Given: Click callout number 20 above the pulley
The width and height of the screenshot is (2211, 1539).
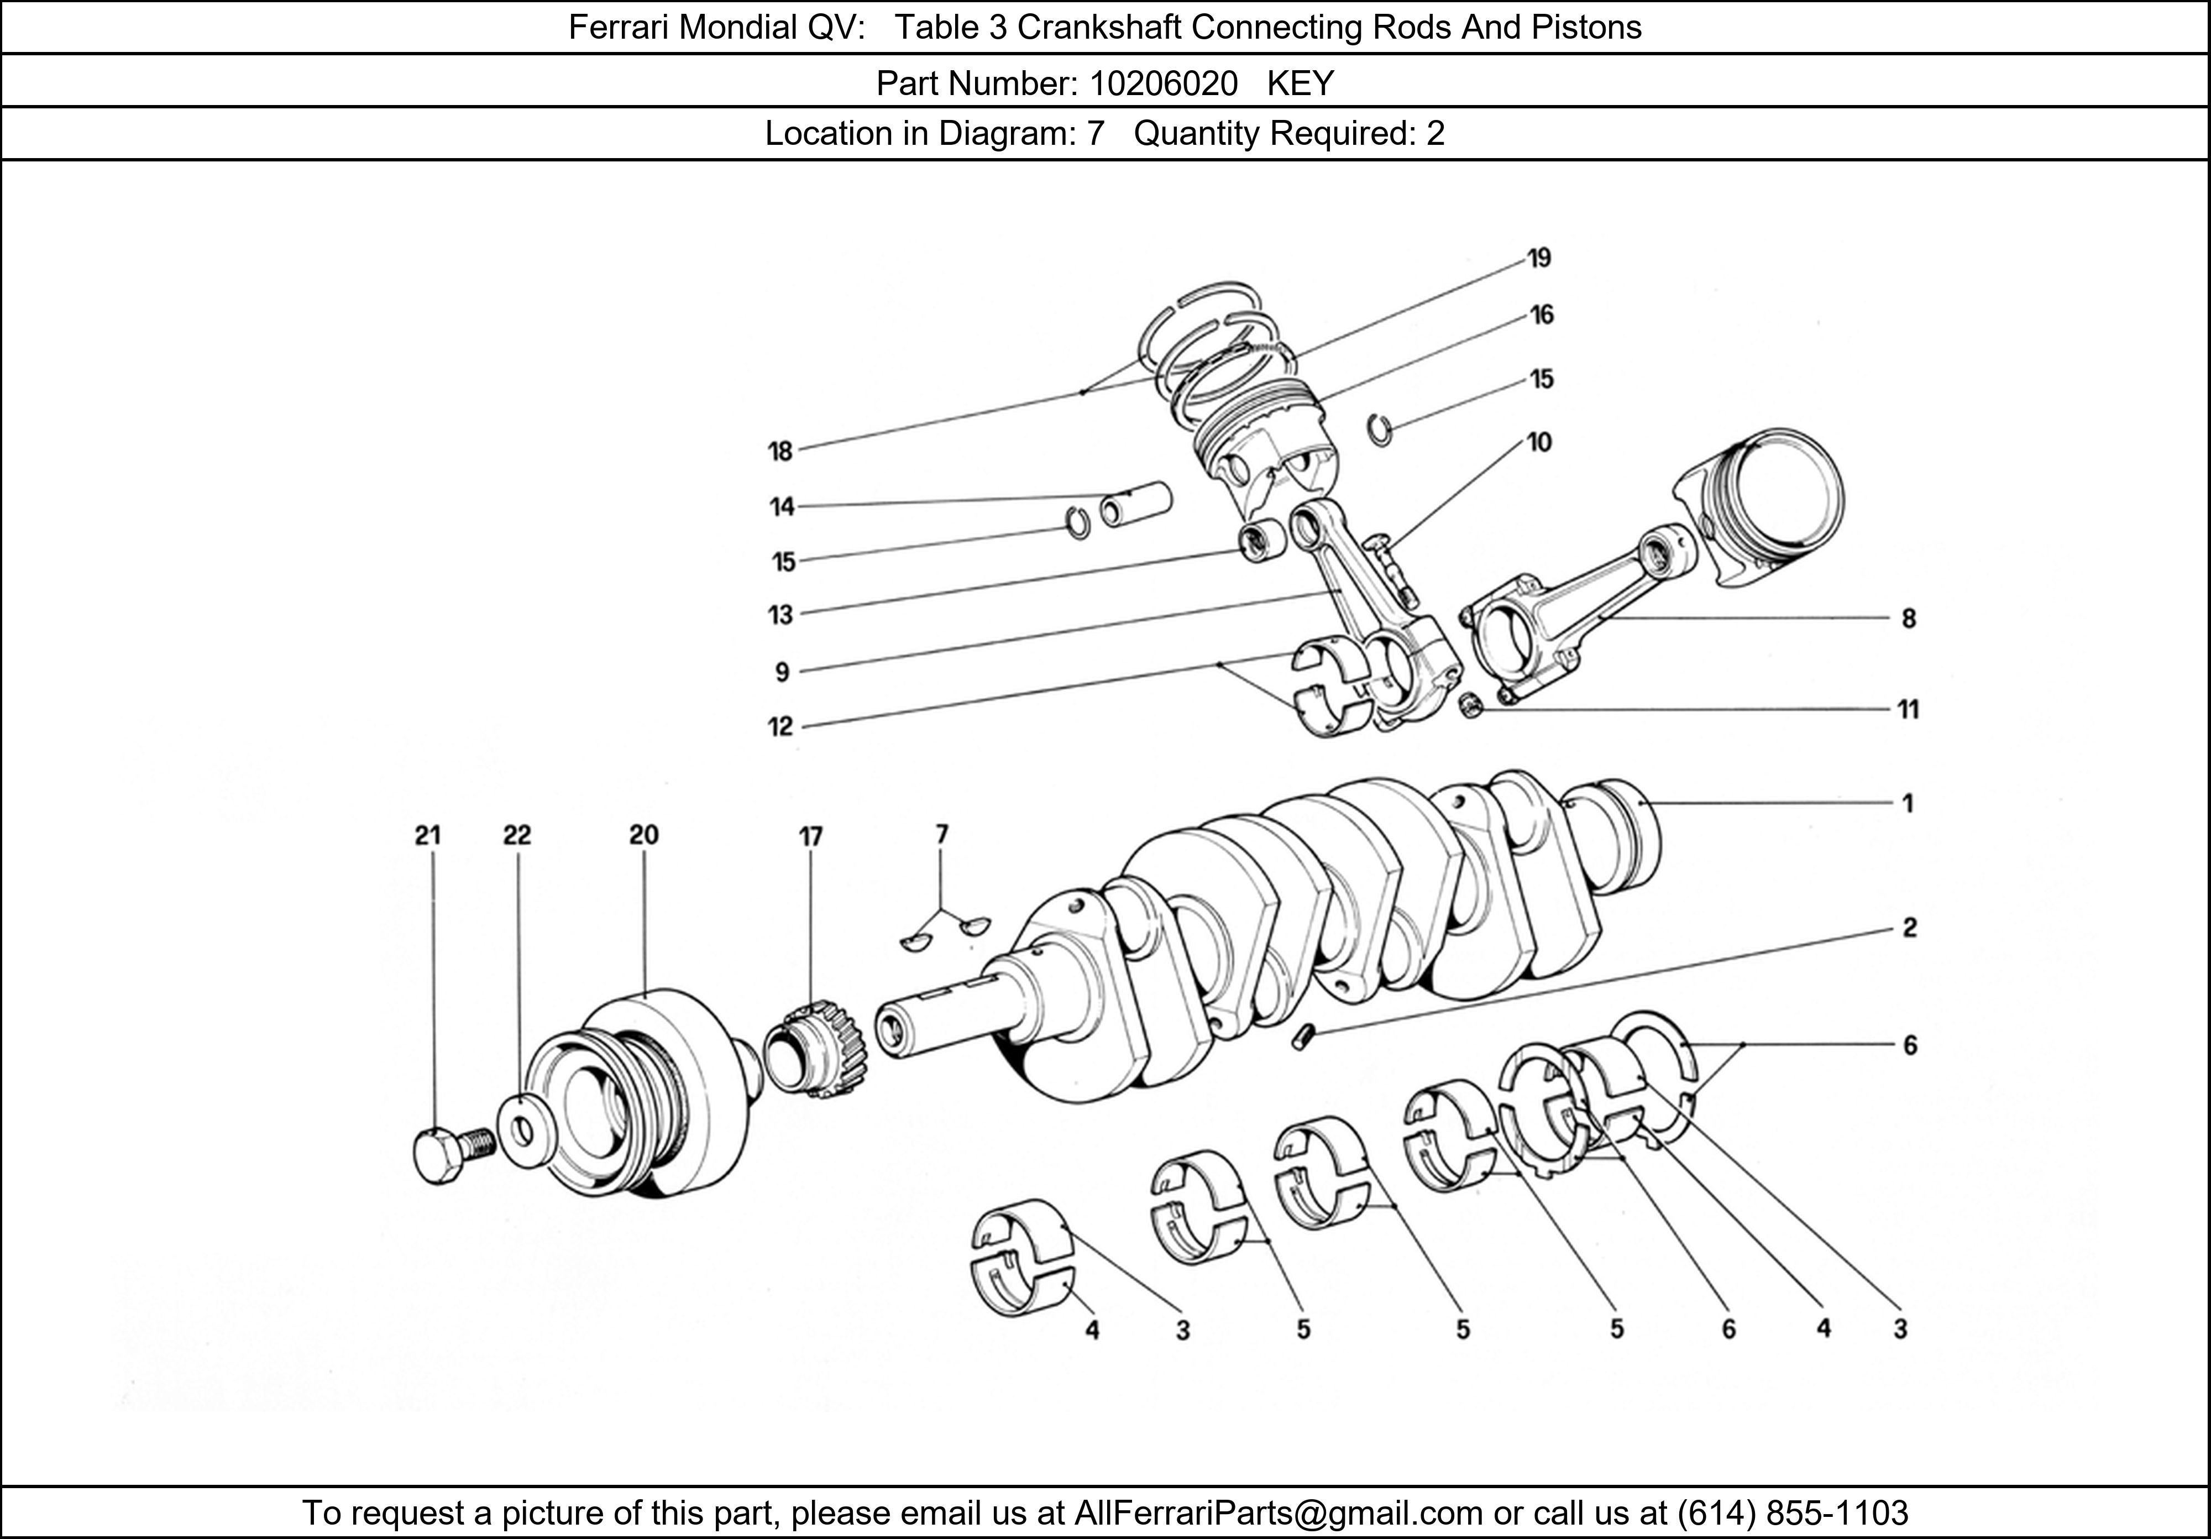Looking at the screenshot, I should point(643,835).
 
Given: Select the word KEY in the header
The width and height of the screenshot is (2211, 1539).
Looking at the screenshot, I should point(1300,84).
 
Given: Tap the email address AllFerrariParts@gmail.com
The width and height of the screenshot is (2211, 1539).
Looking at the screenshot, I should point(1278,1513).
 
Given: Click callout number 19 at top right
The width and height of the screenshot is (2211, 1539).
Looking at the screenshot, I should point(1539,258).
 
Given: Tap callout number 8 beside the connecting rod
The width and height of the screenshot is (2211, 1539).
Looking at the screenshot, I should point(1909,618).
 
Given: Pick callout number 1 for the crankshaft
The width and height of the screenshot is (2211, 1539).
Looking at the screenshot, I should point(1906,803).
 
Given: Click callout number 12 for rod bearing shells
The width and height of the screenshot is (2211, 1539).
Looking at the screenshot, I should point(780,726).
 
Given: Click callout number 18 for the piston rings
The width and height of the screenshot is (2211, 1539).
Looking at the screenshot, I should point(780,451).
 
